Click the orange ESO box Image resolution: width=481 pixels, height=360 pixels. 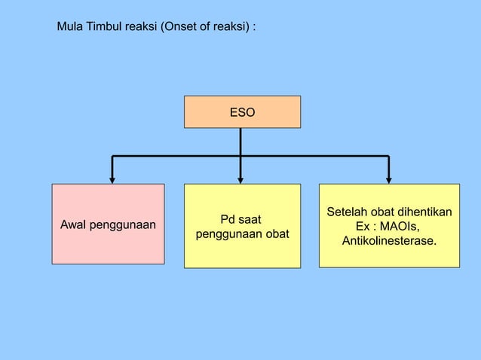point(242,112)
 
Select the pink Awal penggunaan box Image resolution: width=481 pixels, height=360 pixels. point(108,224)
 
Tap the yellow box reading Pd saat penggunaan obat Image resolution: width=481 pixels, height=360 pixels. point(242,226)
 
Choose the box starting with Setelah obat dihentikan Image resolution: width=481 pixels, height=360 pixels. point(389,225)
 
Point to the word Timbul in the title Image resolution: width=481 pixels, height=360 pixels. point(107,26)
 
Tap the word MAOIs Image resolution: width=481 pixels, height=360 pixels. point(400,227)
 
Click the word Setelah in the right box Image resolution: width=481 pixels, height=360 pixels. point(345,213)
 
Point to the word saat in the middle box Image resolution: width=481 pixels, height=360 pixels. point(250,220)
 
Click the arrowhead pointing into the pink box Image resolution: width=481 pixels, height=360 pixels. point(112,178)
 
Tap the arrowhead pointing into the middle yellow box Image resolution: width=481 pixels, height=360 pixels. point(240,178)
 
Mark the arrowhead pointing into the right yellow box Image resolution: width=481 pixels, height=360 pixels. point(388,178)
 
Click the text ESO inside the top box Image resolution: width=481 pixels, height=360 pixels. point(242,112)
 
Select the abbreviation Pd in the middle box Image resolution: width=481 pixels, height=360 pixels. point(227,220)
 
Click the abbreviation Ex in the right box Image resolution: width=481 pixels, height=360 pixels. point(363,227)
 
